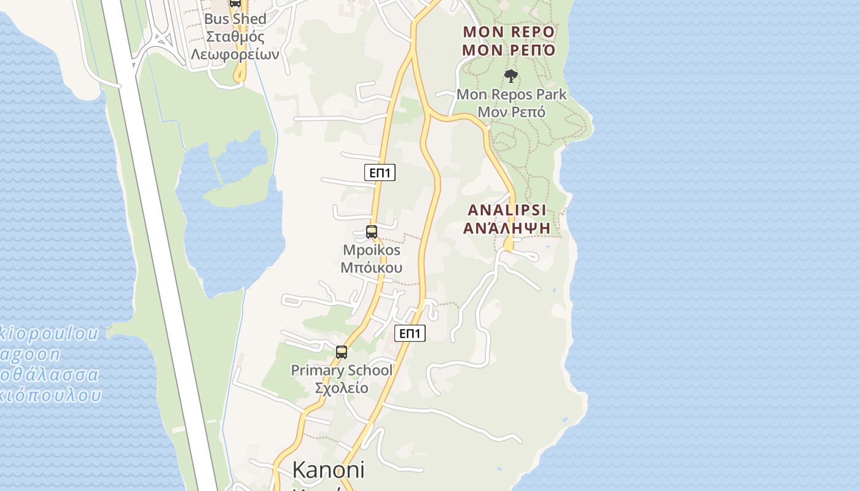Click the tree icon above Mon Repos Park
(x=510, y=77)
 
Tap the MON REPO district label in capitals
(x=509, y=32)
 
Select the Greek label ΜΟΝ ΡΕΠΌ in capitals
(x=509, y=50)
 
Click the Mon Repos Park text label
(x=511, y=95)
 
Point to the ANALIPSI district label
(x=507, y=211)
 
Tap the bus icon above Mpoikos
(x=371, y=232)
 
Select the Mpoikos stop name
(x=372, y=250)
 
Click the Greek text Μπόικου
(x=372, y=268)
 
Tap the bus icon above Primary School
(x=342, y=352)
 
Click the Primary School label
(x=342, y=371)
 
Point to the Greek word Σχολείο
(x=342, y=388)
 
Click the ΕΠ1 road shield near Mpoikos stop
(x=380, y=173)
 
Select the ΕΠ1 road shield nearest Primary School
(x=409, y=333)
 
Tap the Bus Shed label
(x=235, y=19)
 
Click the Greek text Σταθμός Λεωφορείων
(x=235, y=45)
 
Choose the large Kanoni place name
(x=328, y=470)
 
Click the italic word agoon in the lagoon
(x=31, y=355)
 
